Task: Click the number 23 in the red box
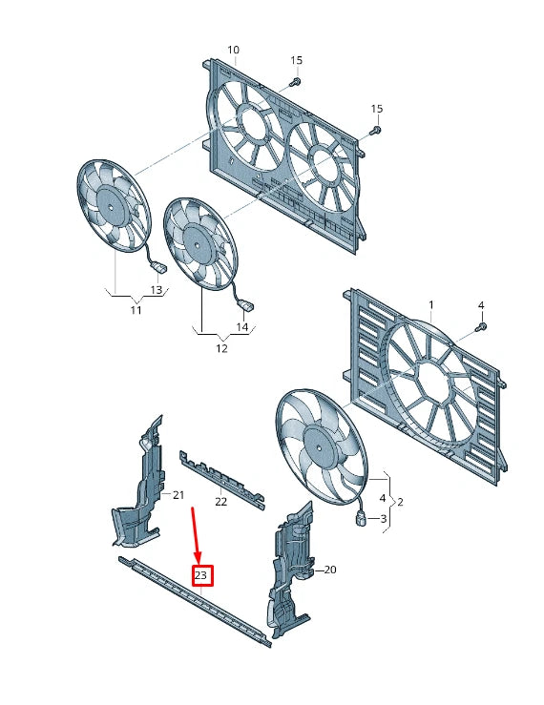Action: (201, 575)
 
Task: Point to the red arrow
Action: (198, 535)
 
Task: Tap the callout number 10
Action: (233, 50)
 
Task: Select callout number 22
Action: (220, 501)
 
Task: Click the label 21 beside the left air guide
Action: (178, 494)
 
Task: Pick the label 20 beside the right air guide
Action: (330, 570)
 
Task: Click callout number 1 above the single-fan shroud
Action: (430, 305)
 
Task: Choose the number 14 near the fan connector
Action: (241, 327)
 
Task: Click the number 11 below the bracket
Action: (136, 310)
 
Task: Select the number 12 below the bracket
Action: (221, 348)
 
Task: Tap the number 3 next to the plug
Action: (384, 518)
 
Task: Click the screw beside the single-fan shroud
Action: (480, 326)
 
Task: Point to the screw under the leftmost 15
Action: (295, 83)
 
